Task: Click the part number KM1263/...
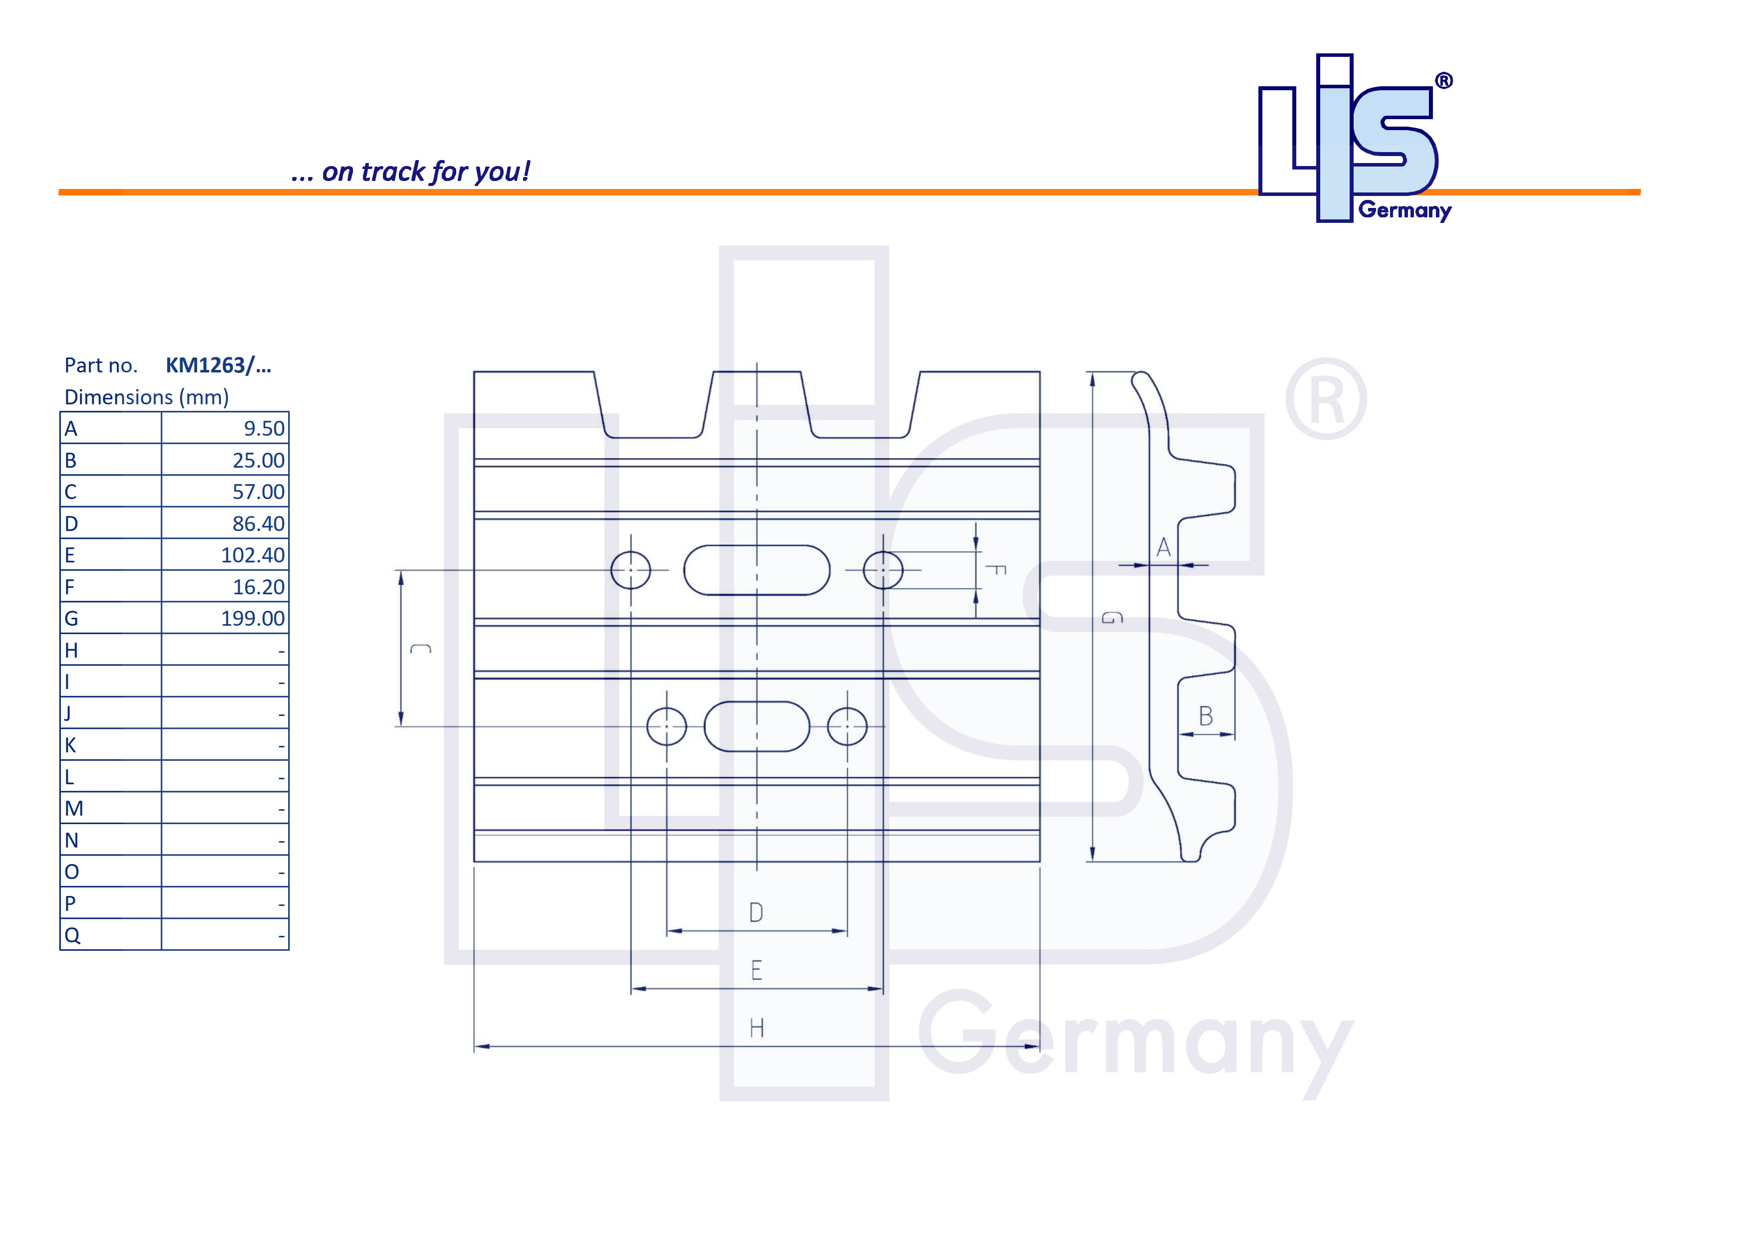(218, 365)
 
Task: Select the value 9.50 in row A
(264, 429)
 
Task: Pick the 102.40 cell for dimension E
(252, 555)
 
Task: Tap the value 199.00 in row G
(252, 618)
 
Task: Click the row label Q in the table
(72, 935)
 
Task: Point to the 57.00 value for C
(258, 492)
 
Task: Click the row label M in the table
(74, 809)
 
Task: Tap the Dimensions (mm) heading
(146, 397)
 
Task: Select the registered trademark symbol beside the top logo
(1443, 81)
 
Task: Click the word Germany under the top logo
(1404, 210)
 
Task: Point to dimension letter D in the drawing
(756, 912)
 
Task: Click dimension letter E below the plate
(756, 970)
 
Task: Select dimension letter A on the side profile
(1163, 547)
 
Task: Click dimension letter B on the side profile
(1206, 716)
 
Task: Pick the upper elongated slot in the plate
(756, 570)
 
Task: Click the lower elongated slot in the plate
(756, 726)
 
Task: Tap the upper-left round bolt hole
(631, 570)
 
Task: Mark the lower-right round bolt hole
(847, 726)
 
